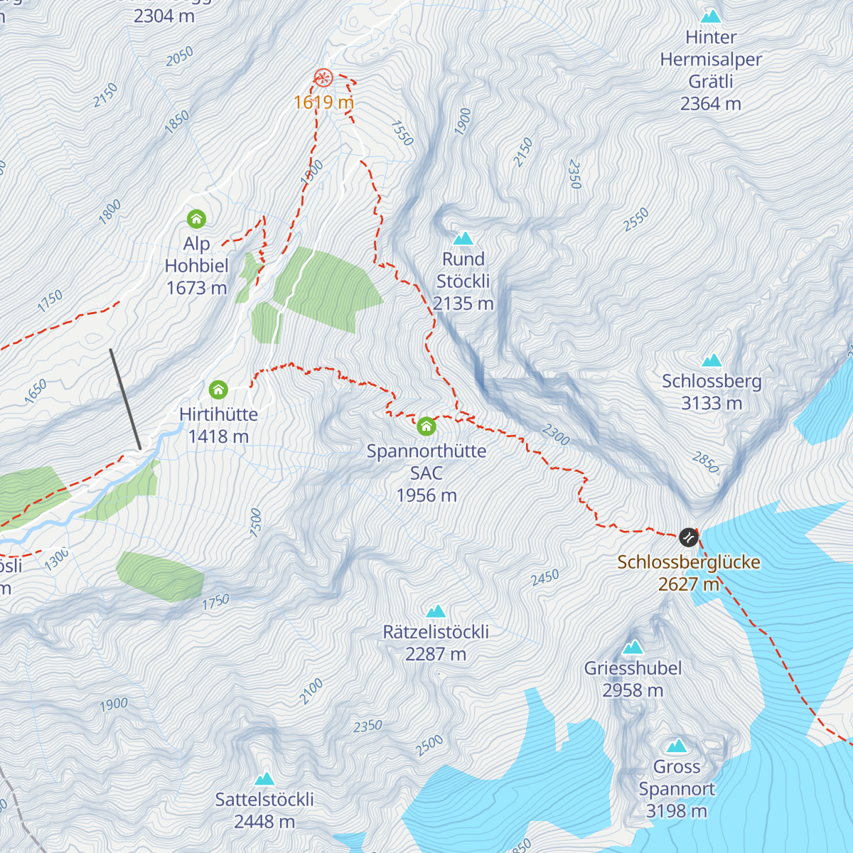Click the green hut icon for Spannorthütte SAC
point(426,426)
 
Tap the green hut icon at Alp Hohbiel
point(196,218)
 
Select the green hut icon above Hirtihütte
point(218,390)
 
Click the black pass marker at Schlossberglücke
point(688,537)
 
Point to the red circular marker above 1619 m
point(323,77)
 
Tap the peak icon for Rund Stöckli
point(463,238)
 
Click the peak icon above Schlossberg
point(712,360)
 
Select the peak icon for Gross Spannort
point(677,746)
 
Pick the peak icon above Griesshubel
point(633,647)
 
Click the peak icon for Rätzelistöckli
point(436,611)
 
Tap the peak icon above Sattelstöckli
point(264,778)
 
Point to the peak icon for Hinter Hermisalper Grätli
point(711,16)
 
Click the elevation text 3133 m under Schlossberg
point(712,404)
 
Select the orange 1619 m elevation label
point(323,102)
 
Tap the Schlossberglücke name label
point(688,562)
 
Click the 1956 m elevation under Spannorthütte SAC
point(426,495)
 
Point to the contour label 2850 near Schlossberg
point(705,463)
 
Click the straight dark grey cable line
point(125,399)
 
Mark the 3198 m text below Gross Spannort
point(677,811)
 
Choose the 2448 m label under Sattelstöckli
point(264,822)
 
